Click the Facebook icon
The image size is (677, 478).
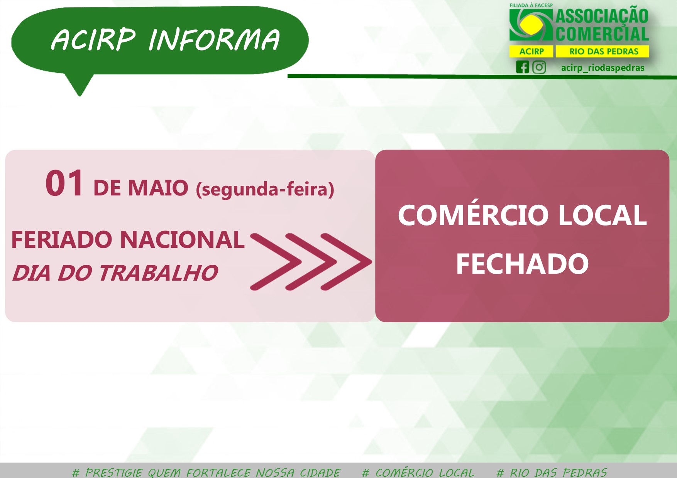point(523,67)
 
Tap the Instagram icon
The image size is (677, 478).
point(539,67)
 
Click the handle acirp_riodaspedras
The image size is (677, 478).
point(603,68)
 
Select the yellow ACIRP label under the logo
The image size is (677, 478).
point(531,51)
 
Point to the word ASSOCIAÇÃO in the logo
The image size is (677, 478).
point(602,16)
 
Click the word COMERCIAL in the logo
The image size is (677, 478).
point(602,34)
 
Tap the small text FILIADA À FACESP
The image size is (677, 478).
point(531,5)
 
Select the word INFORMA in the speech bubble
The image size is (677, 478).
point(214,40)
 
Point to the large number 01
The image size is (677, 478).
point(64,183)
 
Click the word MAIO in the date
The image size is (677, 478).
point(158,188)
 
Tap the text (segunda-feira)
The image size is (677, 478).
point(265,189)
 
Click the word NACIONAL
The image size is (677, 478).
point(182,240)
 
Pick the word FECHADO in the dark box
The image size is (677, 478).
point(522,264)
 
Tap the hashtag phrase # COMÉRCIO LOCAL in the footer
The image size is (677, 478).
point(418,473)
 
